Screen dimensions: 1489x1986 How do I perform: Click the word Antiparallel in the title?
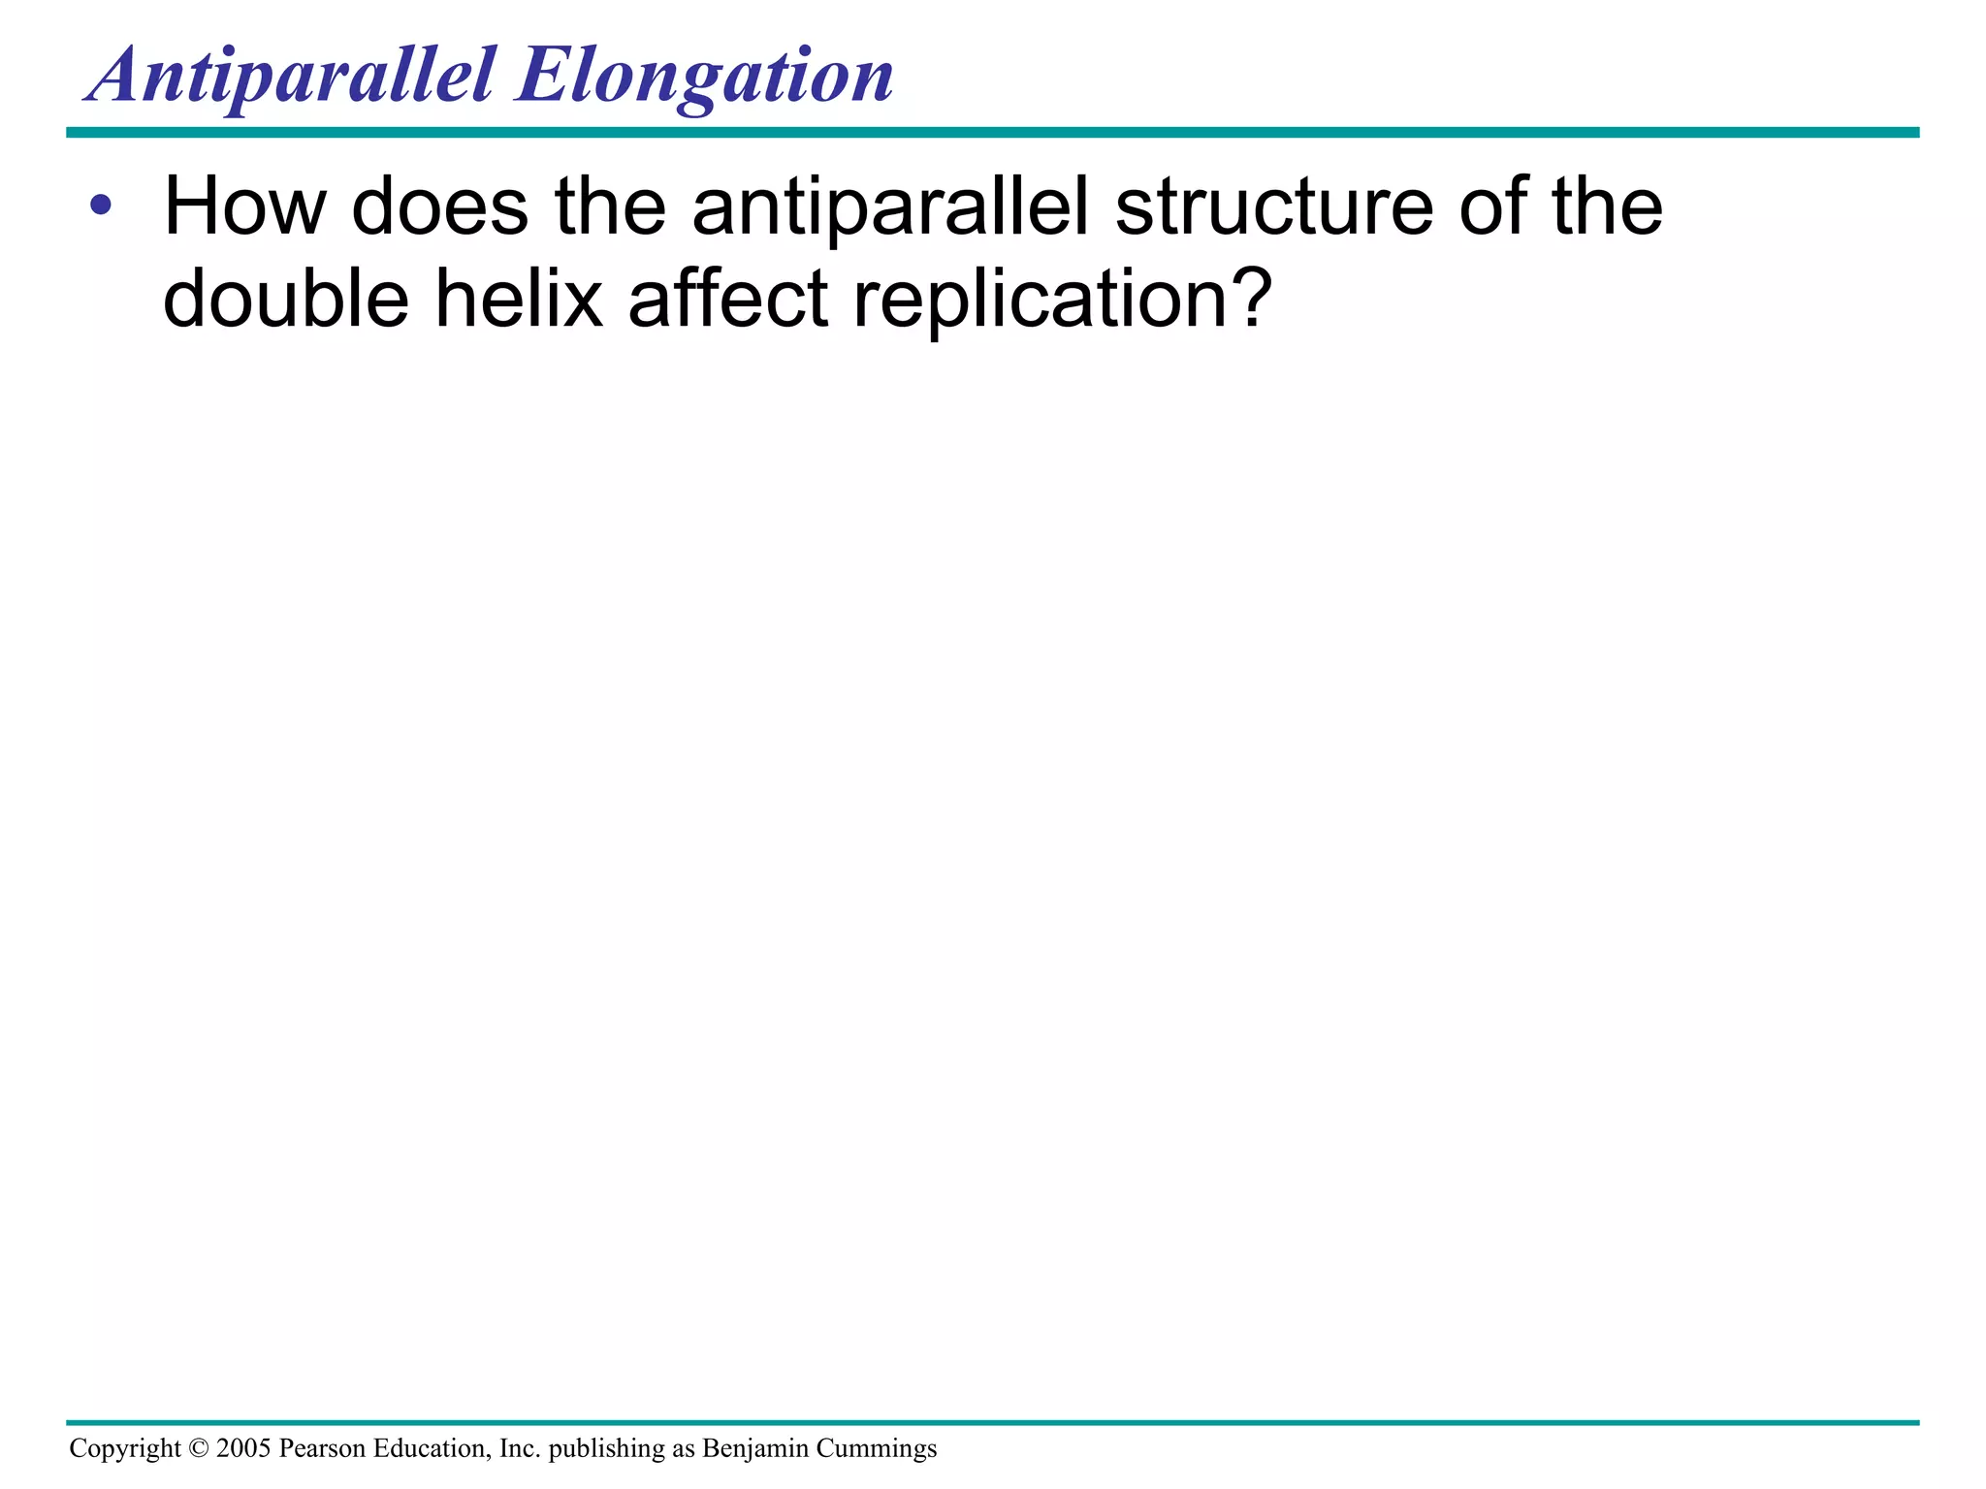click(291, 78)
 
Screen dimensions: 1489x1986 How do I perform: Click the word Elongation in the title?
click(704, 78)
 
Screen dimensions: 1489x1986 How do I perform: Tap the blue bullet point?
click(101, 206)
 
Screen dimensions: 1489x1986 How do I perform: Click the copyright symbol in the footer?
click(198, 1448)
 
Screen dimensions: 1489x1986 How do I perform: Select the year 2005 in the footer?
click(243, 1448)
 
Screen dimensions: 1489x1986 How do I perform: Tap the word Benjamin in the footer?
click(754, 1448)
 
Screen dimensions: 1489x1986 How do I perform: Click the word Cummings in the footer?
click(877, 1448)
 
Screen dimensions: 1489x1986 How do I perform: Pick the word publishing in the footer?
click(593, 1448)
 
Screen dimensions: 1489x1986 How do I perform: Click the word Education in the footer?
click(432, 1448)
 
